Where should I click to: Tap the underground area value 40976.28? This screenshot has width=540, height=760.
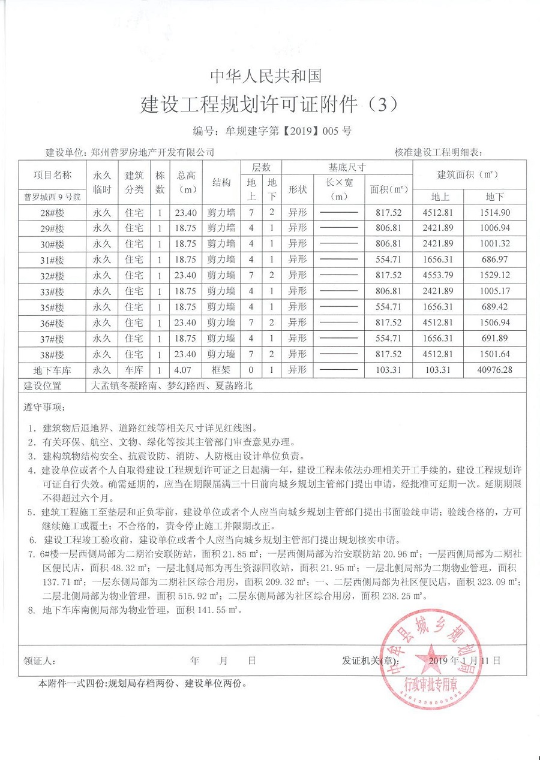click(495, 370)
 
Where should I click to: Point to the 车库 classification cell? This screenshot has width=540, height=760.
click(134, 370)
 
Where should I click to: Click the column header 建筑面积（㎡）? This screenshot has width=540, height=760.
click(468, 174)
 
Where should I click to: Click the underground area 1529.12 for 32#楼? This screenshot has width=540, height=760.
click(495, 275)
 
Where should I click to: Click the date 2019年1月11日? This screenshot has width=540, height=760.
click(465, 661)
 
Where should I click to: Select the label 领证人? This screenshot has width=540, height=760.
click(40, 661)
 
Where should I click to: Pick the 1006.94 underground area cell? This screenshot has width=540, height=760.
click(495, 228)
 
